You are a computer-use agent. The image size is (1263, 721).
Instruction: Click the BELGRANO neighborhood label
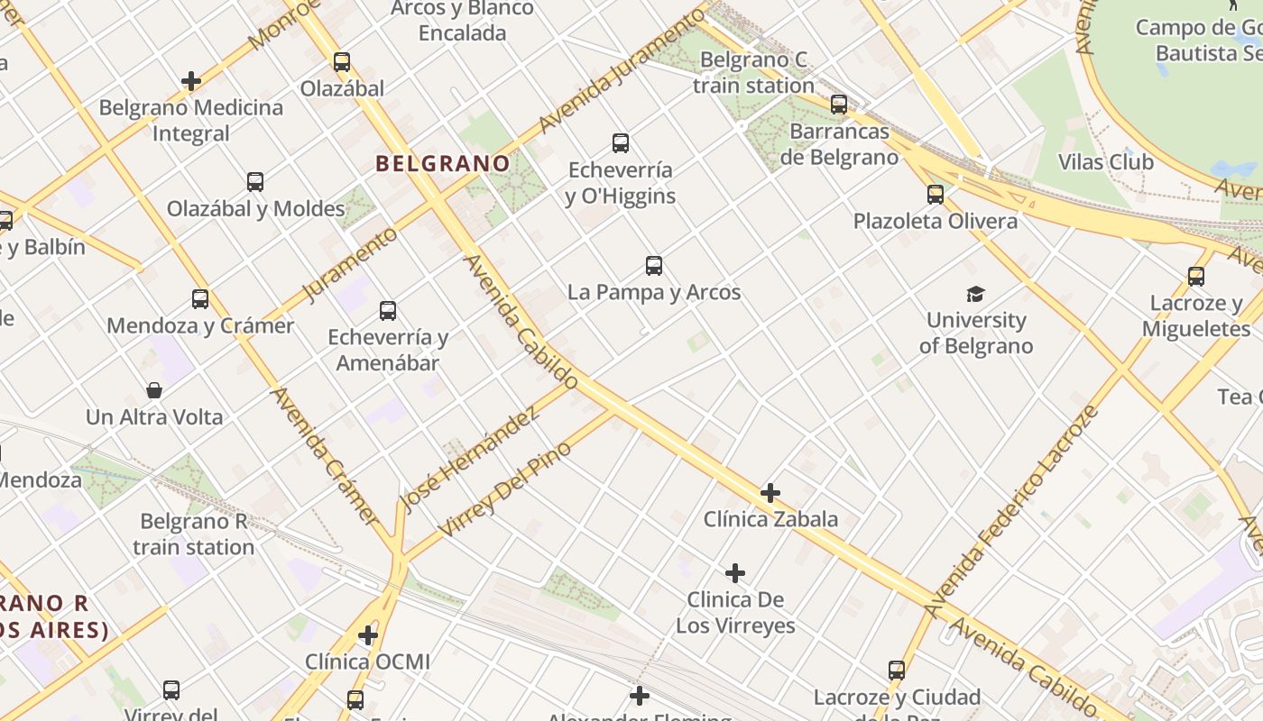(x=442, y=163)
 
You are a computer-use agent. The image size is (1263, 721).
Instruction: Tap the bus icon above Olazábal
(x=342, y=62)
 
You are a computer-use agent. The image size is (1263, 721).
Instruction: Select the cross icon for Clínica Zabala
(x=770, y=493)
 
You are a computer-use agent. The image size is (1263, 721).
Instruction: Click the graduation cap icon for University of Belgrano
(x=976, y=294)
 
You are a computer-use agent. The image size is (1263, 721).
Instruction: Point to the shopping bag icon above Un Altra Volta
(x=154, y=390)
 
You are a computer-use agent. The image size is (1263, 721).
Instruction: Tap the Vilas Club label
(x=1105, y=162)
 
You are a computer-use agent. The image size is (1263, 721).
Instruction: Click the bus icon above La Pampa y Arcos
(x=654, y=266)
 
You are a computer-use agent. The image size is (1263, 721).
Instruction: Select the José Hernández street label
(x=469, y=458)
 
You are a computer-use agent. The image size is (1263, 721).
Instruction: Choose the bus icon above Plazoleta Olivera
(x=936, y=194)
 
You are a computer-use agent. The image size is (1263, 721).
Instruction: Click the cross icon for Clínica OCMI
(x=367, y=635)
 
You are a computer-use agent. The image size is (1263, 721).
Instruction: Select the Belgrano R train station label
(x=194, y=534)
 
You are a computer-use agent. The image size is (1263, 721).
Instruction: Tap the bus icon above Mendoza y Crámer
(x=200, y=299)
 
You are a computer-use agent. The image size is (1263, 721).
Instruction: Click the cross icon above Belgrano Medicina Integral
(x=190, y=81)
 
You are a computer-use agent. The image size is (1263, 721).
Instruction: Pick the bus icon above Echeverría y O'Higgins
(x=621, y=142)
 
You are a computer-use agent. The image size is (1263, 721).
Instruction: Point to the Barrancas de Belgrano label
(x=839, y=144)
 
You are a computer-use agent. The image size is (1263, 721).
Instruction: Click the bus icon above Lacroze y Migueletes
(x=1196, y=277)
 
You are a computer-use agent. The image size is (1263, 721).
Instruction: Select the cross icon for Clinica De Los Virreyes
(x=735, y=573)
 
